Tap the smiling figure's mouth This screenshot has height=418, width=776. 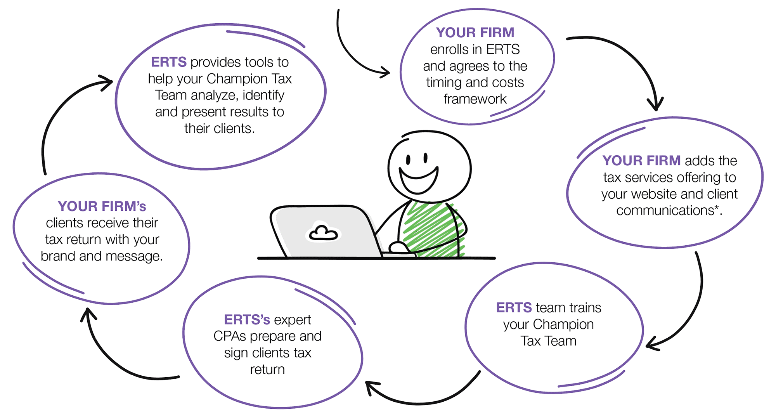(x=419, y=179)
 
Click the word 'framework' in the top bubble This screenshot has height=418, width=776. (x=475, y=99)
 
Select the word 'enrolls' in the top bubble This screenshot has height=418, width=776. (x=449, y=49)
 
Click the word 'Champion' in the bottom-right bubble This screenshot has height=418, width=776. (x=568, y=324)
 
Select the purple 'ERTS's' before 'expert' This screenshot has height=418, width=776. (x=247, y=319)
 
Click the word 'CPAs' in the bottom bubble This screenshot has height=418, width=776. (x=230, y=336)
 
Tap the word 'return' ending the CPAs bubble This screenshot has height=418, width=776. (x=267, y=369)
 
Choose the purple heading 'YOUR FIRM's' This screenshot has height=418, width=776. (x=102, y=206)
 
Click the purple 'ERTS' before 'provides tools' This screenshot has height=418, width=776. (x=169, y=62)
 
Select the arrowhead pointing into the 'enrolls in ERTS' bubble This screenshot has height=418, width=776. (x=385, y=72)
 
